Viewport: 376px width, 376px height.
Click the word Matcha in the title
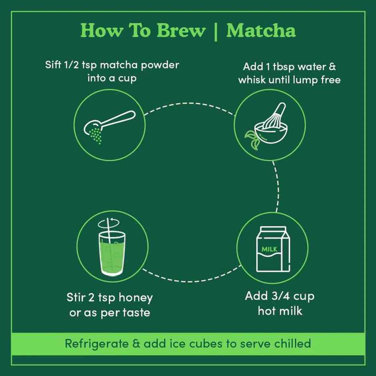(x=261, y=31)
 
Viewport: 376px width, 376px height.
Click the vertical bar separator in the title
(x=216, y=31)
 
